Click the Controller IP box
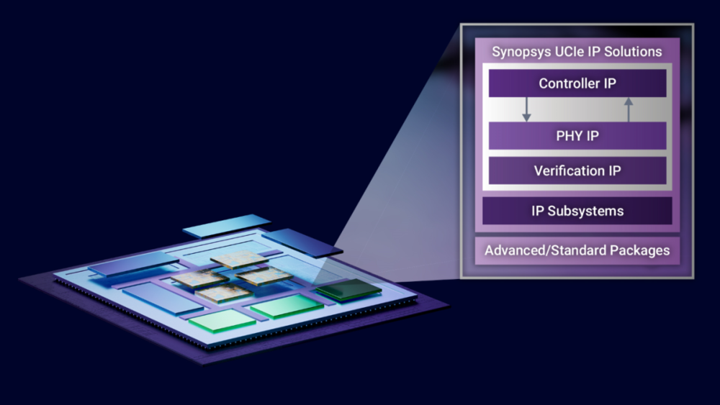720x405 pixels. tap(577, 83)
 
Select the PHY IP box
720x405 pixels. tap(577, 136)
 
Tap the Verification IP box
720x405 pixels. tap(577, 170)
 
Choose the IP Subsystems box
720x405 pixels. tap(577, 211)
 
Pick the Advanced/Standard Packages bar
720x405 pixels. tap(577, 250)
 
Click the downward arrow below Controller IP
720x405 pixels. tap(527, 109)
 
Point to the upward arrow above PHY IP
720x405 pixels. tap(629, 109)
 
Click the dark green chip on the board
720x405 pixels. tap(348, 289)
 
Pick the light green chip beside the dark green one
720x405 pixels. tap(287, 306)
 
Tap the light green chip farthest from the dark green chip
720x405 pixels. tap(222, 320)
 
